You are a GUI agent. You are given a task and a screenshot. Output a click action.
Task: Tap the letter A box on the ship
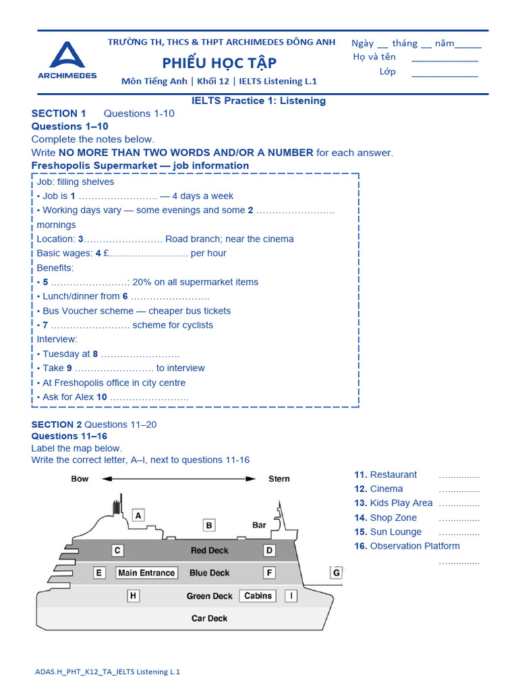pyautogui.click(x=138, y=516)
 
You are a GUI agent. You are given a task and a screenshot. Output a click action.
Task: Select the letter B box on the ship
pyautogui.click(x=209, y=525)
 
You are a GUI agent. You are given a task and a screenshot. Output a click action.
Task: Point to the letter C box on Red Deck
pyautogui.click(x=117, y=550)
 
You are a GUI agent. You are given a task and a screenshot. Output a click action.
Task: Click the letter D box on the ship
pyautogui.click(x=269, y=550)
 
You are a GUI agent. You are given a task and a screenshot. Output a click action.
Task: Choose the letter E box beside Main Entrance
pyautogui.click(x=99, y=573)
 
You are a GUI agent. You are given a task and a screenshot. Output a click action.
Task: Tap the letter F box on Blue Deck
pyautogui.click(x=269, y=573)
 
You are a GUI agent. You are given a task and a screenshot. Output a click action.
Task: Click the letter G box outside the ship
pyautogui.click(x=336, y=573)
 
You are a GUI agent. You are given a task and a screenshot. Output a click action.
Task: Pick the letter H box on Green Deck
pyautogui.click(x=134, y=596)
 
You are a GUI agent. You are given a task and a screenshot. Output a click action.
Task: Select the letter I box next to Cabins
pyautogui.click(x=291, y=596)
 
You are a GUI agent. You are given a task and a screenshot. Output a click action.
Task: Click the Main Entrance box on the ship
pyautogui.click(x=146, y=573)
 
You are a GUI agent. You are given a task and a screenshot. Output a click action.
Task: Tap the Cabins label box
pyautogui.click(x=258, y=596)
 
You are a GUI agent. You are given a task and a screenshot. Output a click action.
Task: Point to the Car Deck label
pyautogui.click(x=209, y=618)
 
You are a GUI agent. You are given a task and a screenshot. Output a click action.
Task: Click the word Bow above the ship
pyautogui.click(x=80, y=478)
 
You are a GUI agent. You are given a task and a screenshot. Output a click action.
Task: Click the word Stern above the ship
pyautogui.click(x=279, y=478)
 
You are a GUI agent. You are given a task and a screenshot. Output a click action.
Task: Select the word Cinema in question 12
pyautogui.click(x=386, y=489)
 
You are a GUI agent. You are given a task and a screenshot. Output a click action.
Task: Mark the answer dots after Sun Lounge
pyautogui.click(x=459, y=532)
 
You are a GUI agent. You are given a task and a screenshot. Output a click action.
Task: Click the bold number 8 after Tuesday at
pyautogui.click(x=95, y=354)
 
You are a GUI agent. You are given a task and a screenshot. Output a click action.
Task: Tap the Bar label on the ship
pyautogui.click(x=259, y=524)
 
